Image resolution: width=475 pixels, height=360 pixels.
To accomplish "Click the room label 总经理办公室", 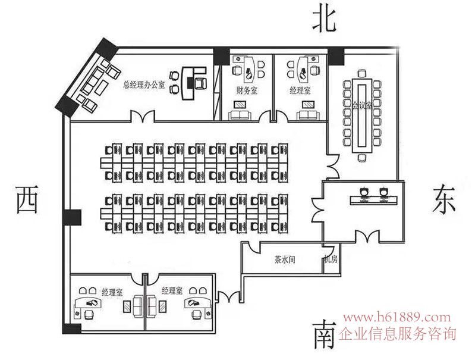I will coord(143,84).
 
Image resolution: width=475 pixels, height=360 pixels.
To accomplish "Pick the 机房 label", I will coord(331,260).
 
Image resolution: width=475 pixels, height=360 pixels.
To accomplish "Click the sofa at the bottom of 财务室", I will coord(240,114).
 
